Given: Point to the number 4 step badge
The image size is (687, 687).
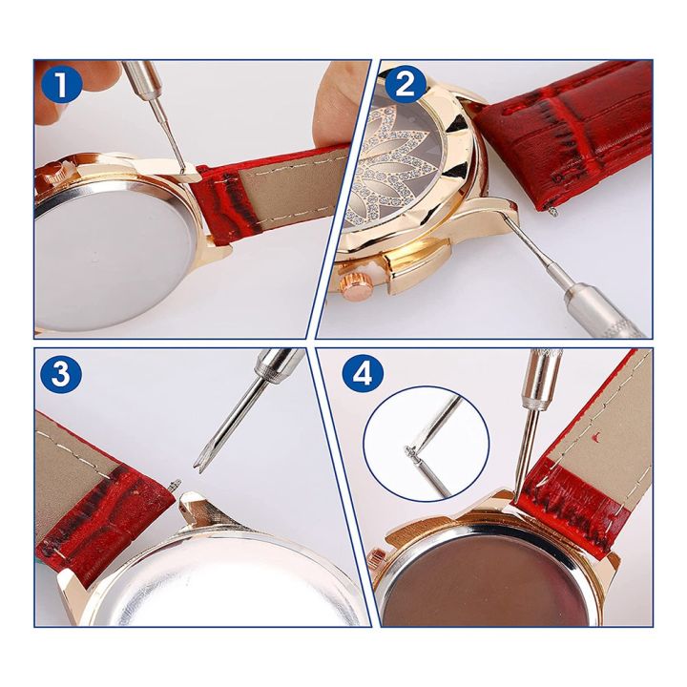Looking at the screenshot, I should point(361,373).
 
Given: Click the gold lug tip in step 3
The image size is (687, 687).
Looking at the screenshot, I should point(192,501).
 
